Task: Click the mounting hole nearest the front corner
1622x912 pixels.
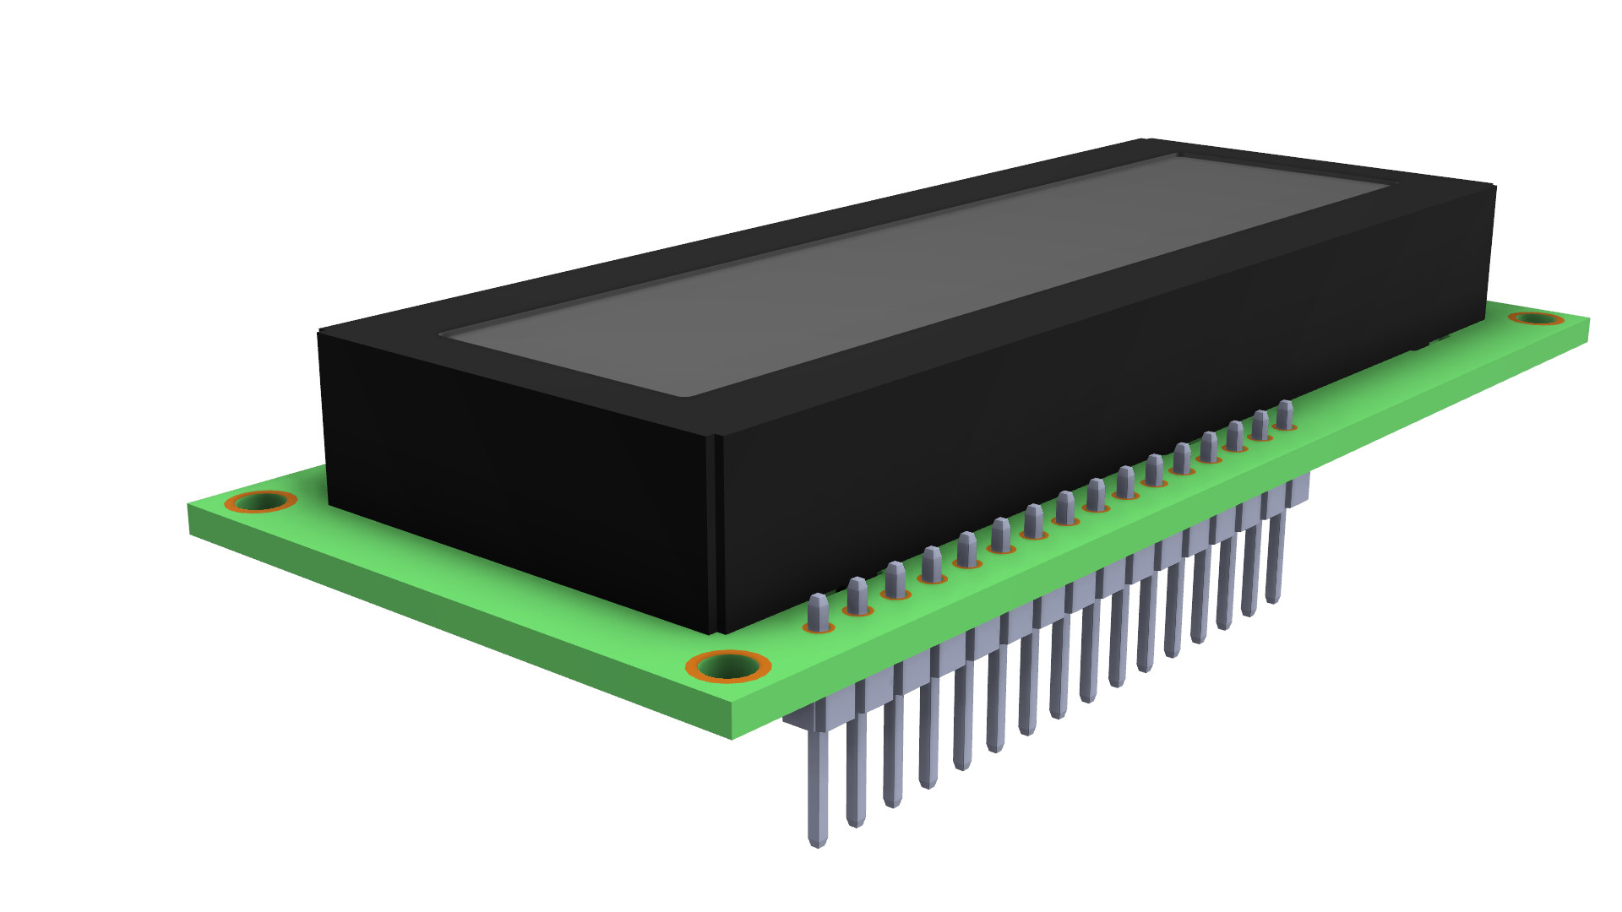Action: pos(728,667)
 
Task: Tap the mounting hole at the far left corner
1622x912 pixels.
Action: pos(260,502)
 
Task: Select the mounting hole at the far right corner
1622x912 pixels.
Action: pos(1537,318)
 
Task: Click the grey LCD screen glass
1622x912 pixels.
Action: pos(912,270)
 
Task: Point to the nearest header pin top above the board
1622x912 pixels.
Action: pos(819,610)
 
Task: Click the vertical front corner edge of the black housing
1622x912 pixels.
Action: pos(717,532)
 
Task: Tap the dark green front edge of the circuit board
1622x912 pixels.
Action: pos(456,625)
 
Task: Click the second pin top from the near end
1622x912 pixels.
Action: pos(857,593)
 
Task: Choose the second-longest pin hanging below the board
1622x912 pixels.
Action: pos(856,815)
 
